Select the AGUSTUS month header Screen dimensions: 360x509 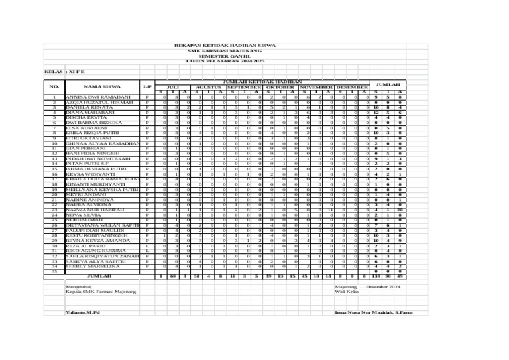[x=209, y=87]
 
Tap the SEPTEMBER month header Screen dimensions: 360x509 [x=245, y=87]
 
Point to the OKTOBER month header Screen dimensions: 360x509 [x=280, y=87]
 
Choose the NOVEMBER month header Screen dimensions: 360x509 [x=317, y=87]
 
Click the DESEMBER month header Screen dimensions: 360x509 [x=352, y=87]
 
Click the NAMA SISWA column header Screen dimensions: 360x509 [x=102, y=86]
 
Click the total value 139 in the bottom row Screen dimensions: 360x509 [x=376, y=276]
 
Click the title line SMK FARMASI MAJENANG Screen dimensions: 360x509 [x=219, y=50]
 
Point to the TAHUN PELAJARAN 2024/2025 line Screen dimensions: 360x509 [x=219, y=60]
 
